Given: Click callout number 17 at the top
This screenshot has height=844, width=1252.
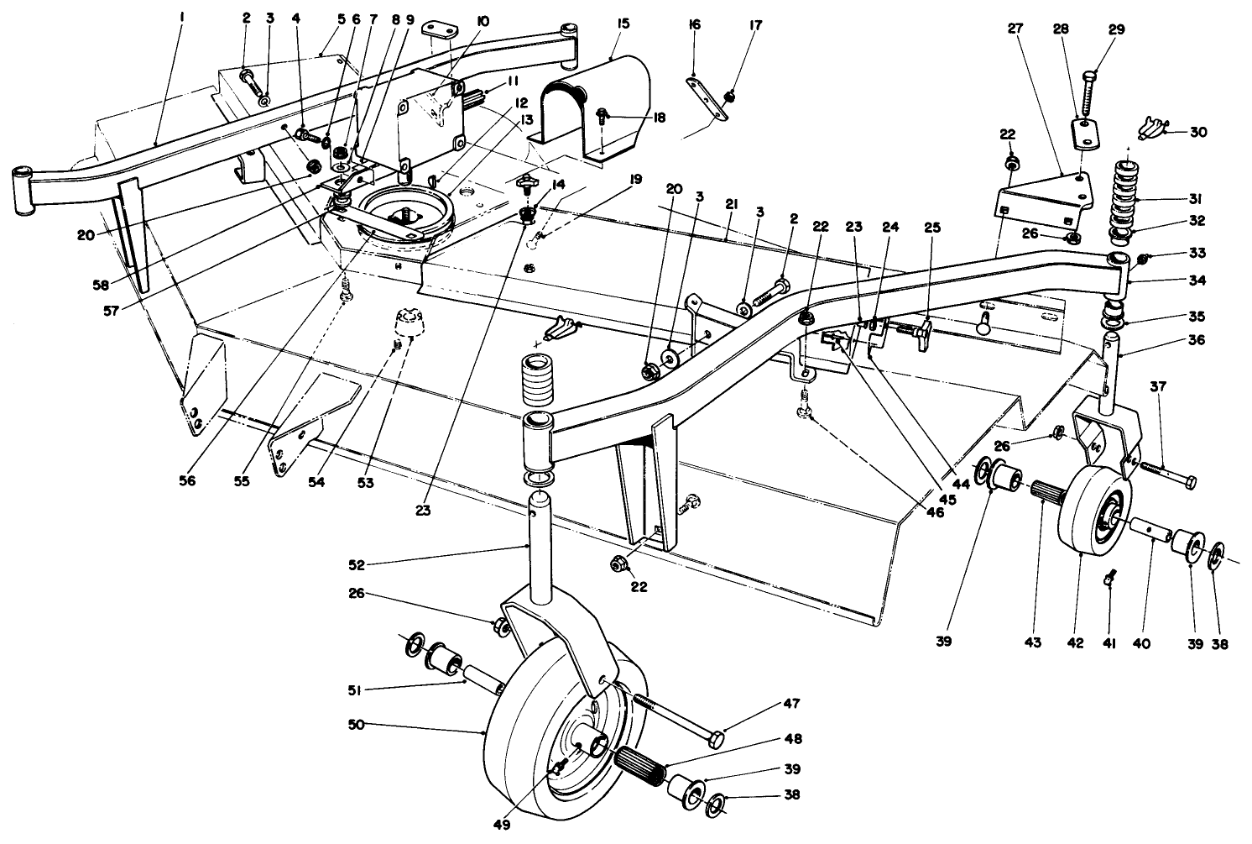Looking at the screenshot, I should coord(756,25).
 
